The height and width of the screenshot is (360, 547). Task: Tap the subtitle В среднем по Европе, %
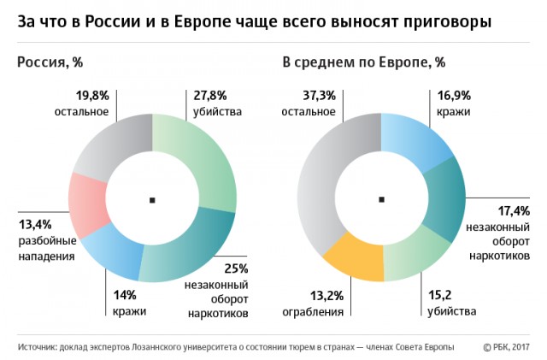362,62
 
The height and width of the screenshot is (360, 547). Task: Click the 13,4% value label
34,227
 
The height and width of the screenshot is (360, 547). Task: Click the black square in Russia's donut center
152,200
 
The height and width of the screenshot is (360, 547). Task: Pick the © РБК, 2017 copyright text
508,346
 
